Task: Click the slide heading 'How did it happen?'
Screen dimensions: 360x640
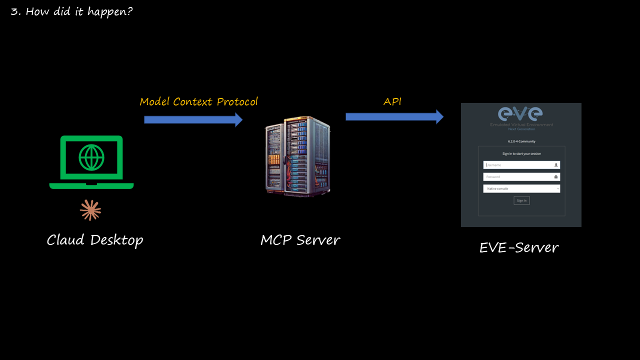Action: click(x=71, y=11)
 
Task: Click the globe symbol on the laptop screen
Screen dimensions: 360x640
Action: click(x=91, y=157)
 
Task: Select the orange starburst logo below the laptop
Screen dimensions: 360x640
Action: click(x=90, y=210)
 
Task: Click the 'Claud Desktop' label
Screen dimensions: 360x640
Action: click(x=95, y=240)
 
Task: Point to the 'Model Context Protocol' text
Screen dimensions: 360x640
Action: click(x=198, y=102)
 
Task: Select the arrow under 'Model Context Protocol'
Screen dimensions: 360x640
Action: click(x=193, y=119)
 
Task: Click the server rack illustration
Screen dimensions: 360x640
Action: click(x=298, y=156)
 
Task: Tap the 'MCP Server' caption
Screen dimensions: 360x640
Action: click(x=300, y=240)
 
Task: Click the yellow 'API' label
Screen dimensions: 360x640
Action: click(x=392, y=101)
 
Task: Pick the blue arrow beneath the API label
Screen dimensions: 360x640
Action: click(x=394, y=116)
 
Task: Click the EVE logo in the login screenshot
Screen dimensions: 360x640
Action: click(x=521, y=113)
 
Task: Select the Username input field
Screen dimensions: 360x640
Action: click(x=521, y=164)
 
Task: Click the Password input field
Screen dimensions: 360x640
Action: click(x=521, y=176)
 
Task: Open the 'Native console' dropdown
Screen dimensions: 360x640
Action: click(x=521, y=188)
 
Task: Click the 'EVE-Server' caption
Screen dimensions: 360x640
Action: click(x=518, y=247)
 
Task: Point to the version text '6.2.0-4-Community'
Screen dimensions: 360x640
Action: click(x=521, y=141)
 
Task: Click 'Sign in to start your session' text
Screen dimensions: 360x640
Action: click(x=521, y=153)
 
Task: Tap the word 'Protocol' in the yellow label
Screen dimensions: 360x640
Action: click(x=237, y=102)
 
